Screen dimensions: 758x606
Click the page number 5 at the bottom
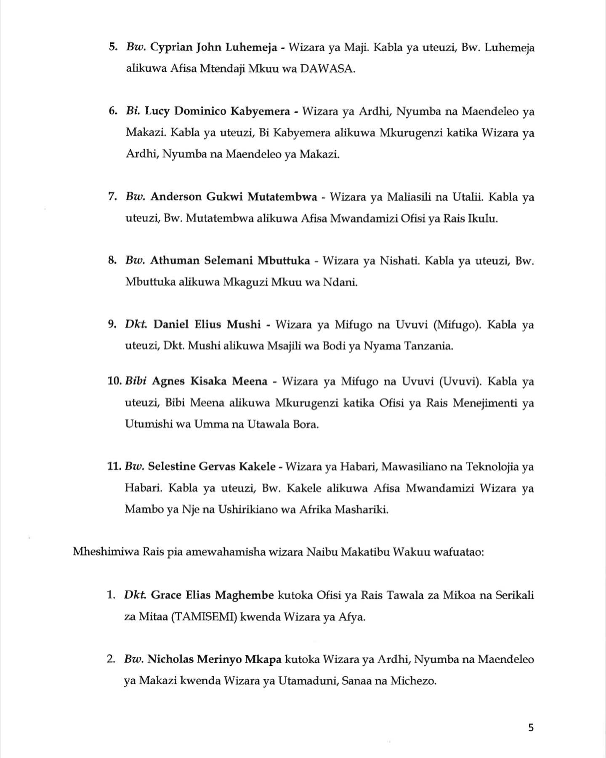[x=531, y=728]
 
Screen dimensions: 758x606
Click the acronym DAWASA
[x=327, y=69]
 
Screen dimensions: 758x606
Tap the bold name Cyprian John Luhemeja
[x=213, y=48]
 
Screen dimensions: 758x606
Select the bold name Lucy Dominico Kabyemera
[x=217, y=112]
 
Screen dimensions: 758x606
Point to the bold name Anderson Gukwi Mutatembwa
[x=234, y=197]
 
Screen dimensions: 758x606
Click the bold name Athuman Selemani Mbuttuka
[x=230, y=261]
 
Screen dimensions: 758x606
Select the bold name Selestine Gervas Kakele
[x=212, y=467]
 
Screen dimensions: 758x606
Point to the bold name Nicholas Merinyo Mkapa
[x=214, y=659]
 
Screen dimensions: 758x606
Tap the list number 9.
[x=112, y=325]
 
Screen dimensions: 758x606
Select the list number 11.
[x=114, y=467]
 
